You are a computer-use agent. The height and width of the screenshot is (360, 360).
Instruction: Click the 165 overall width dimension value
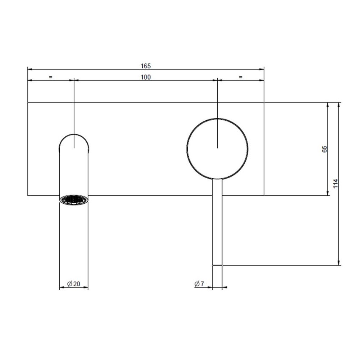146,66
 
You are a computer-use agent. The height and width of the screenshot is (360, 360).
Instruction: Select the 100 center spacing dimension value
146,77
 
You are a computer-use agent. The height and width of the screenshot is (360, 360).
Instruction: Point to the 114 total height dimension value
335,183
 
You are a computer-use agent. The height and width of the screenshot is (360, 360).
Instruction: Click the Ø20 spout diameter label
74,284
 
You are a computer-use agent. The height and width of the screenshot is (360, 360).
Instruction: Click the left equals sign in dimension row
50,77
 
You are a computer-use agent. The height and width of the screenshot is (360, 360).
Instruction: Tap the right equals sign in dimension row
241,77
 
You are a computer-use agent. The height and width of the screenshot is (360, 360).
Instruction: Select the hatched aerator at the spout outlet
74,199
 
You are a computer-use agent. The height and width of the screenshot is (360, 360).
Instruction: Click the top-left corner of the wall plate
28,102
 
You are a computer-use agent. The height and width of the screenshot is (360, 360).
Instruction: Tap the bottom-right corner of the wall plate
264,195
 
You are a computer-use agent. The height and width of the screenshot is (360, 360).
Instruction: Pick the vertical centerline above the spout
74,110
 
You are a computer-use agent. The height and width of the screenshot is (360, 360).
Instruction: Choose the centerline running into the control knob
217,110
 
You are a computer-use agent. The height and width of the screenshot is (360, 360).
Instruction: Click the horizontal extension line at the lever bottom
280,266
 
